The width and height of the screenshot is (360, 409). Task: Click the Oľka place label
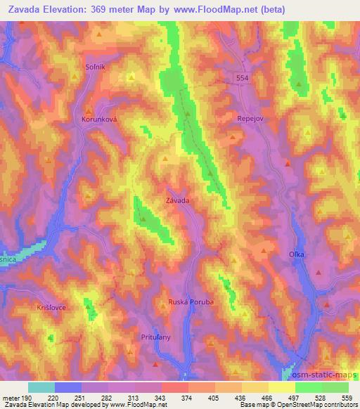coord(296,254)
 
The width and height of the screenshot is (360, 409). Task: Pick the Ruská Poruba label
coord(191,302)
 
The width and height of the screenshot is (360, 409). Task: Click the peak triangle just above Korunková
coord(89,111)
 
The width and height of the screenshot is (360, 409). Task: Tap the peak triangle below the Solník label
coord(76,77)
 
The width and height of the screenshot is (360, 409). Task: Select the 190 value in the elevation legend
coord(27,397)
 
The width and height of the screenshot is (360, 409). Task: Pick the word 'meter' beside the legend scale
coord(11,397)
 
